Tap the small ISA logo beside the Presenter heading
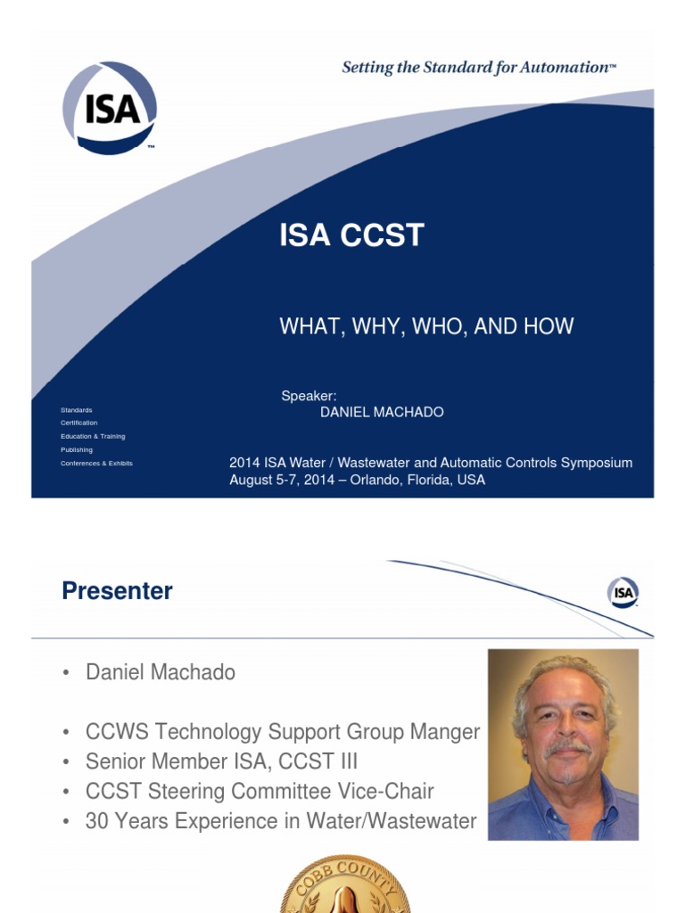point(623,592)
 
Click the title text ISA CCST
point(351,236)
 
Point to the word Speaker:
point(309,396)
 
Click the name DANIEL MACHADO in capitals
point(382,412)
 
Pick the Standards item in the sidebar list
point(77,410)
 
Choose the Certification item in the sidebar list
point(79,423)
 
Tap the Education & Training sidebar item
point(93,436)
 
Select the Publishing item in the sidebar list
point(77,449)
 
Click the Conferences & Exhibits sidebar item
point(96,463)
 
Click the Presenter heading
point(117,591)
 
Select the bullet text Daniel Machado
point(161,673)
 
